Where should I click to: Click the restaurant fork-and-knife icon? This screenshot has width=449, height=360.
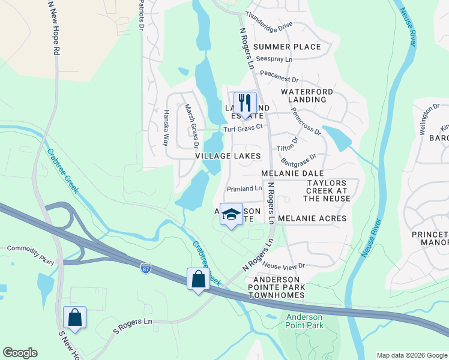coord(245,103)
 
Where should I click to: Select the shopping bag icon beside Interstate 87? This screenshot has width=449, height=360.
coord(199,279)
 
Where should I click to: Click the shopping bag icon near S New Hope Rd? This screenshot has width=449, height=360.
coord(74,317)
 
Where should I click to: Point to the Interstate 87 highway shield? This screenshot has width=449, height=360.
coord(145,268)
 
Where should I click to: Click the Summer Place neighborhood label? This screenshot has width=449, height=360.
coord(287,47)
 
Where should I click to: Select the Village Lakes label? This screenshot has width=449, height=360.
coord(228,156)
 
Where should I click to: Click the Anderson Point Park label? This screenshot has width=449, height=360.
coord(305,321)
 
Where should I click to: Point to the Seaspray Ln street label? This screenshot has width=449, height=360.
coord(274,59)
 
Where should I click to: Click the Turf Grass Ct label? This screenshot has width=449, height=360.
coord(243,128)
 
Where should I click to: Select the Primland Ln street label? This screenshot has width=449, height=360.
coord(244,188)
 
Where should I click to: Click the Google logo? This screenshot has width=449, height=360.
coord(20,353)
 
